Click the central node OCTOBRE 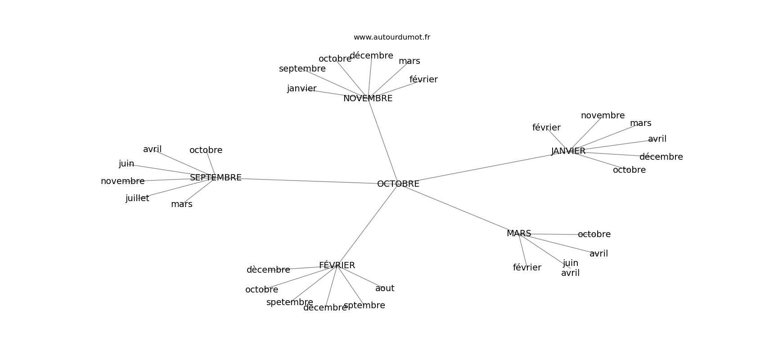click(x=398, y=184)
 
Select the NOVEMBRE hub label click(x=368, y=99)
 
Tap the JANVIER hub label click(x=568, y=151)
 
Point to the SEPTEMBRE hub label click(x=216, y=178)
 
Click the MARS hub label click(x=519, y=233)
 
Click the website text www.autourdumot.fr click(x=391, y=37)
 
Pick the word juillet click(x=137, y=198)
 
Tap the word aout click(x=385, y=288)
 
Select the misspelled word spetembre click(x=290, y=302)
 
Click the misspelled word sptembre click(x=364, y=306)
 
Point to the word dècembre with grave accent click(x=269, y=270)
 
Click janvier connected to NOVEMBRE click(x=302, y=89)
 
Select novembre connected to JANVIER click(x=603, y=116)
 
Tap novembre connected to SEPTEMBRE click(x=122, y=181)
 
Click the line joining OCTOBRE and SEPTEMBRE click(x=310, y=181)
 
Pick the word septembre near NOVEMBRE click(x=302, y=69)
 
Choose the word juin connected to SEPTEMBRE click(x=126, y=164)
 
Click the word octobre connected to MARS click(x=594, y=234)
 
